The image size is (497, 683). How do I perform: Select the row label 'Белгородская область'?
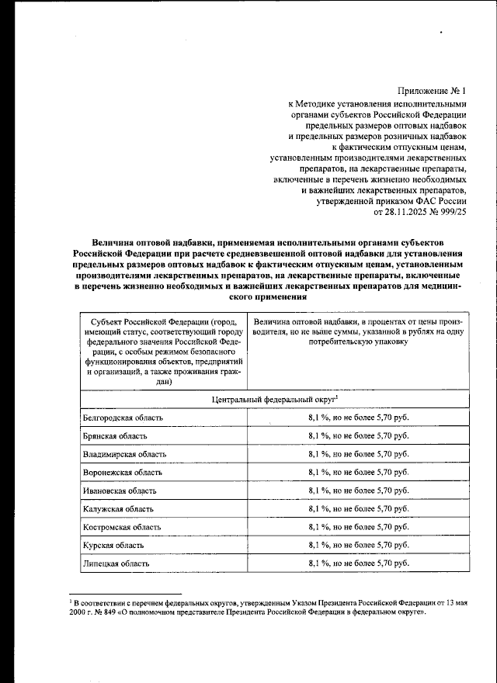click(123, 418)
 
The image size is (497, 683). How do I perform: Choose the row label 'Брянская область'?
click(113, 435)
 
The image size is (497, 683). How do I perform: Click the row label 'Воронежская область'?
click(123, 472)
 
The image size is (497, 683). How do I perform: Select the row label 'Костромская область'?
click(122, 527)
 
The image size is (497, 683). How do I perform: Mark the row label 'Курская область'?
click(113, 545)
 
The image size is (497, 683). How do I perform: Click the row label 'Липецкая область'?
click(116, 563)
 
